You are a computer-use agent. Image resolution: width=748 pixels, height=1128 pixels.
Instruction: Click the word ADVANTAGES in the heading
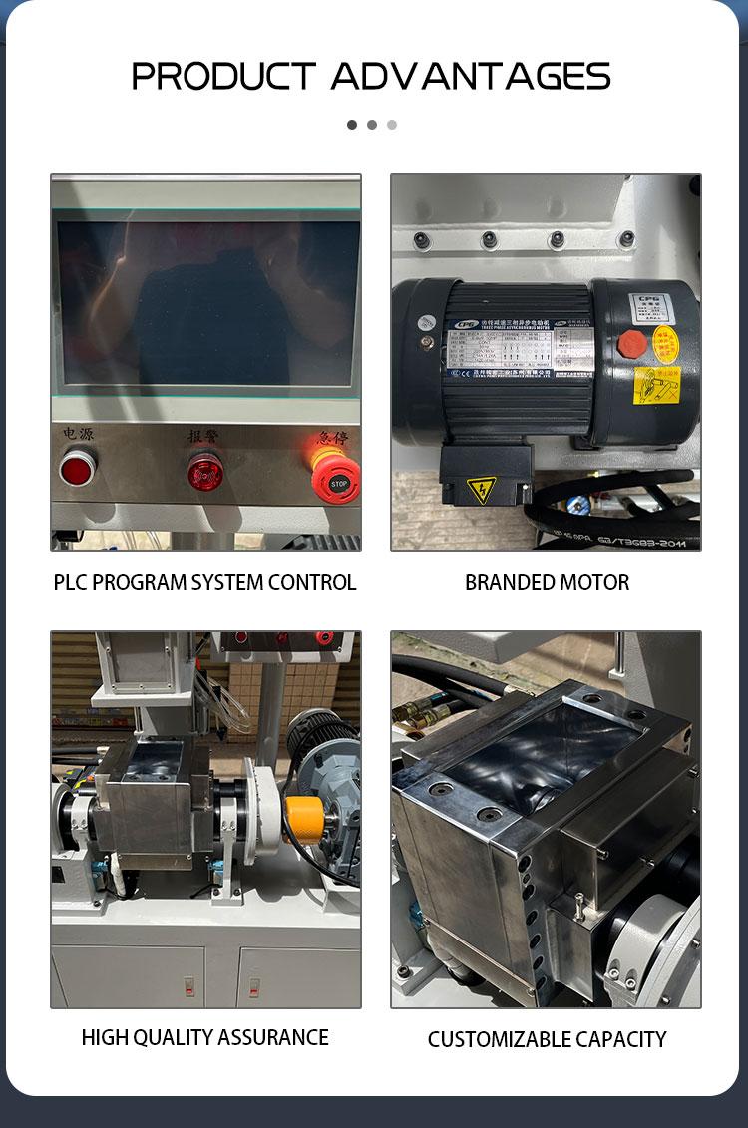pyautogui.click(x=471, y=77)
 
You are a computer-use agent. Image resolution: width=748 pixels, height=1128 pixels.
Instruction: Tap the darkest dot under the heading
pyautogui.click(x=352, y=125)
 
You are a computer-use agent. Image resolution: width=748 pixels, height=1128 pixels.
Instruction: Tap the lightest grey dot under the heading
pyautogui.click(x=392, y=125)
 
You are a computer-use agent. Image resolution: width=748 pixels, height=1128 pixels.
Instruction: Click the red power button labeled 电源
pyautogui.click(x=77, y=467)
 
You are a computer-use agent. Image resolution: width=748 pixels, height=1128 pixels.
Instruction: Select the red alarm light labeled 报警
pyautogui.click(x=205, y=471)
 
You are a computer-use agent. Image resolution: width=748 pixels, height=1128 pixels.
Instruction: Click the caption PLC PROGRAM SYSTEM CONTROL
pyautogui.click(x=204, y=582)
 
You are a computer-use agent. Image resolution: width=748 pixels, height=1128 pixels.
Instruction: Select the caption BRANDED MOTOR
pyautogui.click(x=547, y=582)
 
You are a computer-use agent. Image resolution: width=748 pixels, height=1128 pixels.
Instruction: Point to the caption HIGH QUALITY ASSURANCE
pyautogui.click(x=204, y=1037)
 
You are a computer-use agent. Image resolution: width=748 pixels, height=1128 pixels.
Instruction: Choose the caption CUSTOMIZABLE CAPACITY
pyautogui.click(x=547, y=1039)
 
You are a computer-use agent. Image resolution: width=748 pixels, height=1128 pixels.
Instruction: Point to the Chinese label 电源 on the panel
pyautogui.click(x=78, y=435)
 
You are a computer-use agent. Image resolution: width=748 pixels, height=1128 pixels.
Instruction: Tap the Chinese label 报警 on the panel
pyautogui.click(x=203, y=436)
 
